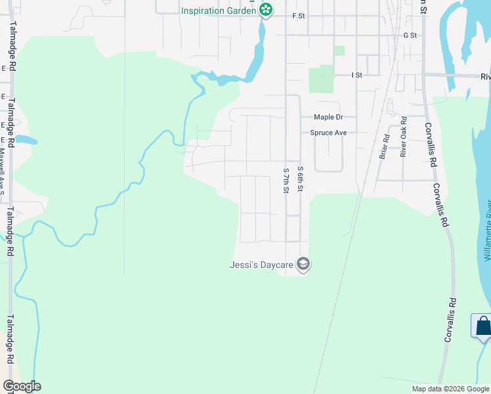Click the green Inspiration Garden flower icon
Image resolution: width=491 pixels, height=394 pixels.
265,10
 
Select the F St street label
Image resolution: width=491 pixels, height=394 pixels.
299,15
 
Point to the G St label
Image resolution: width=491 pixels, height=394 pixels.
410,35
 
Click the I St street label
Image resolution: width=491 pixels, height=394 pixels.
356,76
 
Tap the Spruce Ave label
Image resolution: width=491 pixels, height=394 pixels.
328,133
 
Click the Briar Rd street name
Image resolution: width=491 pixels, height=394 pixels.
385,147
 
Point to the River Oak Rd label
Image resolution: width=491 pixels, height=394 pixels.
404,137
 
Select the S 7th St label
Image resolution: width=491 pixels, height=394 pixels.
286,181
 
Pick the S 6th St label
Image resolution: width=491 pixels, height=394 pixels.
301,179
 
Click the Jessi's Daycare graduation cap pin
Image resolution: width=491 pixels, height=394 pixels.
303,265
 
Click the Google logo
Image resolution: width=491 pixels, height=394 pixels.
22,386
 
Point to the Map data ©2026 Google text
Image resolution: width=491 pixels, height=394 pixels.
450,389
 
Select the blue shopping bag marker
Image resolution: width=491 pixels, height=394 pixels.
482,326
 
